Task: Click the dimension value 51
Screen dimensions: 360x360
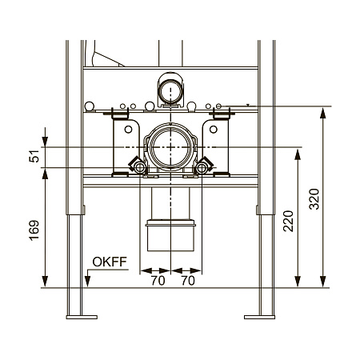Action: (34, 156)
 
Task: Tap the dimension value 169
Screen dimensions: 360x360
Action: (34, 230)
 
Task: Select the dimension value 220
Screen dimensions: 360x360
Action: (288, 221)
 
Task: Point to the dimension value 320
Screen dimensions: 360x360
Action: (314, 199)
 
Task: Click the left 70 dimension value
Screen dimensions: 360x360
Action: (158, 281)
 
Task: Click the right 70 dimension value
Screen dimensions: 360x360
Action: (188, 281)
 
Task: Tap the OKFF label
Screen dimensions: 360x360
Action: (110, 262)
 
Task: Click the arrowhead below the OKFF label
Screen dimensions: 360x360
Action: (87, 282)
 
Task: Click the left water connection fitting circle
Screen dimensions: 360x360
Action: (139, 168)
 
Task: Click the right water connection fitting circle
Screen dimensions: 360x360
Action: (202, 168)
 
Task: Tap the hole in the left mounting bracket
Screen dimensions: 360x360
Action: (128, 130)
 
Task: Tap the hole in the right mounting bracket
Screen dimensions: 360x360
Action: (214, 130)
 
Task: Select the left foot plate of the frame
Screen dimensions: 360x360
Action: (82, 317)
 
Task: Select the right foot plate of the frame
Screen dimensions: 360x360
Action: (259, 317)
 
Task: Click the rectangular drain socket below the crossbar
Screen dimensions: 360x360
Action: (170, 235)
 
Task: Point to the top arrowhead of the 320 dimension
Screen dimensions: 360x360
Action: (322, 113)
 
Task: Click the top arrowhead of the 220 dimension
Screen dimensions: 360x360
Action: (298, 154)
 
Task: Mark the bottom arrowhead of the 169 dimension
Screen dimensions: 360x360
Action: (45, 282)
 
